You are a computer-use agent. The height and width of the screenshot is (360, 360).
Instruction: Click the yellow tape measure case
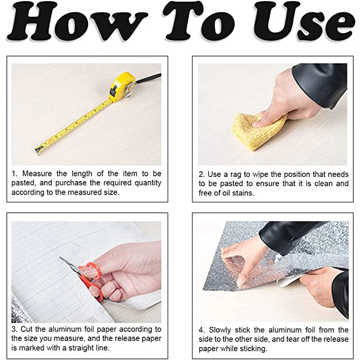pyautogui.click(x=122, y=87)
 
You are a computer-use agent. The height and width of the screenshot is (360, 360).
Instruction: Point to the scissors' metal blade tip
pyautogui.click(x=60, y=257)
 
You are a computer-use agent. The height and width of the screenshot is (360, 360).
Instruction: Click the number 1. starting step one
pyautogui.click(x=15, y=174)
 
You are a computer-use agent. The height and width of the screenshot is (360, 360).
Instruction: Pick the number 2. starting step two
pyautogui.click(x=202, y=174)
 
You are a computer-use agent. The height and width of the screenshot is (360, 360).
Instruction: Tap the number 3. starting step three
pyautogui.click(x=15, y=329)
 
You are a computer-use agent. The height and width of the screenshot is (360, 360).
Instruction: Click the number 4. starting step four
pyautogui.click(x=202, y=330)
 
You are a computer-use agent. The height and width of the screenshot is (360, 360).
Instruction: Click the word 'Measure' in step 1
pyautogui.click(x=37, y=174)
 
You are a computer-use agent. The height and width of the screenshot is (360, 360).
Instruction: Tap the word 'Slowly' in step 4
pyautogui.click(x=220, y=330)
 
